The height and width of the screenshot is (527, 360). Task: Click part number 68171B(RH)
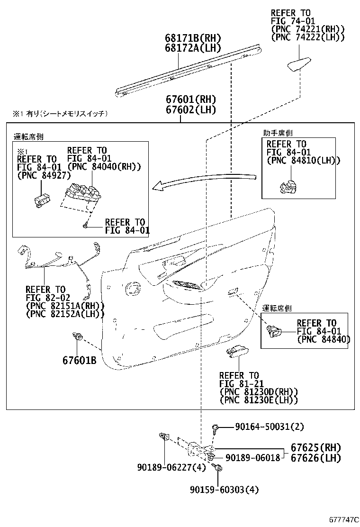[x=193, y=38]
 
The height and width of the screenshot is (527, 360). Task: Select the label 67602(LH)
[x=190, y=109]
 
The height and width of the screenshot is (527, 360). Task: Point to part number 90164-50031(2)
[x=269, y=427]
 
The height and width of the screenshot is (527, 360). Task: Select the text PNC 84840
[x=324, y=339]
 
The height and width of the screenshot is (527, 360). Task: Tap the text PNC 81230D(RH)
[x=259, y=391]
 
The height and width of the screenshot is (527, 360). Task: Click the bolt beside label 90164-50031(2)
[x=216, y=427]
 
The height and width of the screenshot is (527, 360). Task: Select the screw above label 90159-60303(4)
[x=219, y=469]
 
